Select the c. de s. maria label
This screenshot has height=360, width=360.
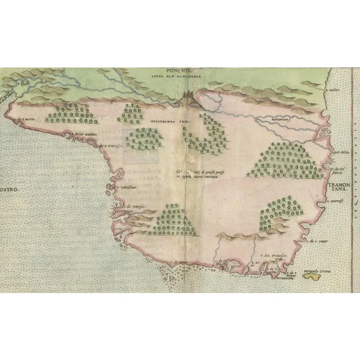(28, 119)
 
